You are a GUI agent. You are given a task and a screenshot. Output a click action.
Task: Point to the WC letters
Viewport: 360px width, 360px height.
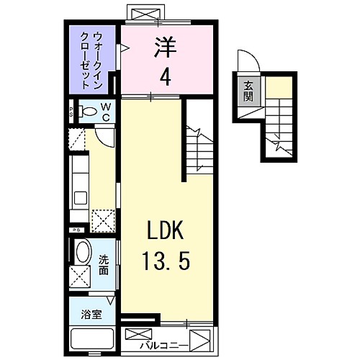tap(105, 112)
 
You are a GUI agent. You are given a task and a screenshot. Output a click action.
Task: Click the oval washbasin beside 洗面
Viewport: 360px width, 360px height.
tap(83, 253)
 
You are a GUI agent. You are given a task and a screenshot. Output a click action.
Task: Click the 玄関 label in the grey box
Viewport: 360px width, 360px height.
tap(248, 91)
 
